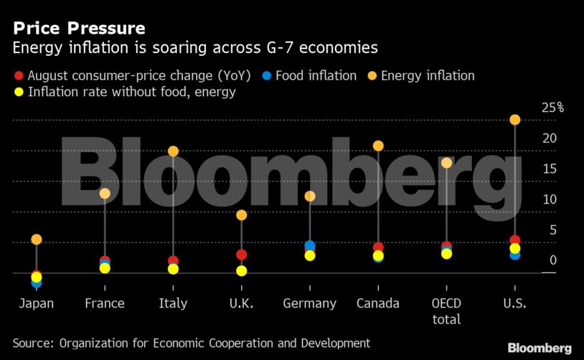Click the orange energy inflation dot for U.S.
tap(514, 120)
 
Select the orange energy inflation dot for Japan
tap(37, 240)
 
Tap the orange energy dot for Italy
tap(173, 151)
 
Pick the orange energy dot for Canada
tap(378, 146)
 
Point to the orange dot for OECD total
tap(446, 164)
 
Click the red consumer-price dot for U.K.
tap(242, 255)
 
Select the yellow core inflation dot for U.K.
tap(242, 271)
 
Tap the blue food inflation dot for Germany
tap(310, 246)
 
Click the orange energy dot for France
tap(105, 194)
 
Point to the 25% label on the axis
tap(552, 108)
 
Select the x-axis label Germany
tap(309, 303)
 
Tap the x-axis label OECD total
tap(446, 311)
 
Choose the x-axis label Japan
tap(36, 303)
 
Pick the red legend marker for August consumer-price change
tap(19, 75)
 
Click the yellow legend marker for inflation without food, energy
tap(19, 92)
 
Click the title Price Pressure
tap(79, 29)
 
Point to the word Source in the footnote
tap(34, 343)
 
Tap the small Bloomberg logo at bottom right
tap(540, 348)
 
